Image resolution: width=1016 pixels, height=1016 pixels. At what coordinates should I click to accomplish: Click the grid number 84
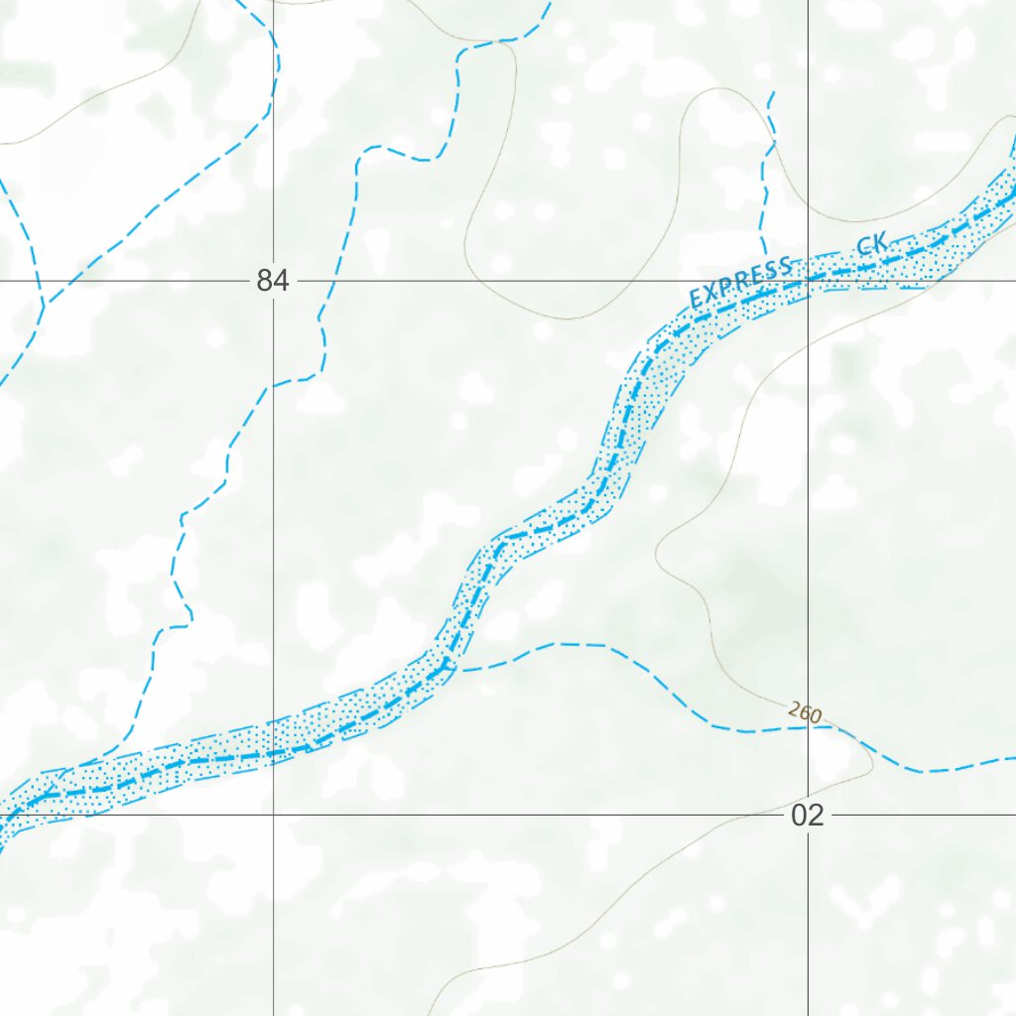pyautogui.click(x=273, y=282)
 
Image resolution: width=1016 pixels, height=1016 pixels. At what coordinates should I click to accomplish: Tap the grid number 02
pyautogui.click(x=808, y=816)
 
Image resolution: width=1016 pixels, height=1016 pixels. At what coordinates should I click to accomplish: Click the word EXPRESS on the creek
pyautogui.click(x=741, y=282)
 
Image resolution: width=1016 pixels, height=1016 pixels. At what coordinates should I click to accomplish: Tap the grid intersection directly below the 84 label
pyautogui.click(x=274, y=815)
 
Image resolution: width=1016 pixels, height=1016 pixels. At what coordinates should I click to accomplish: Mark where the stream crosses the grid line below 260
pyautogui.click(x=809, y=728)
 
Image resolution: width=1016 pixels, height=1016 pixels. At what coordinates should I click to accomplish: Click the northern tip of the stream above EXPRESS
pyautogui.click(x=772, y=92)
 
